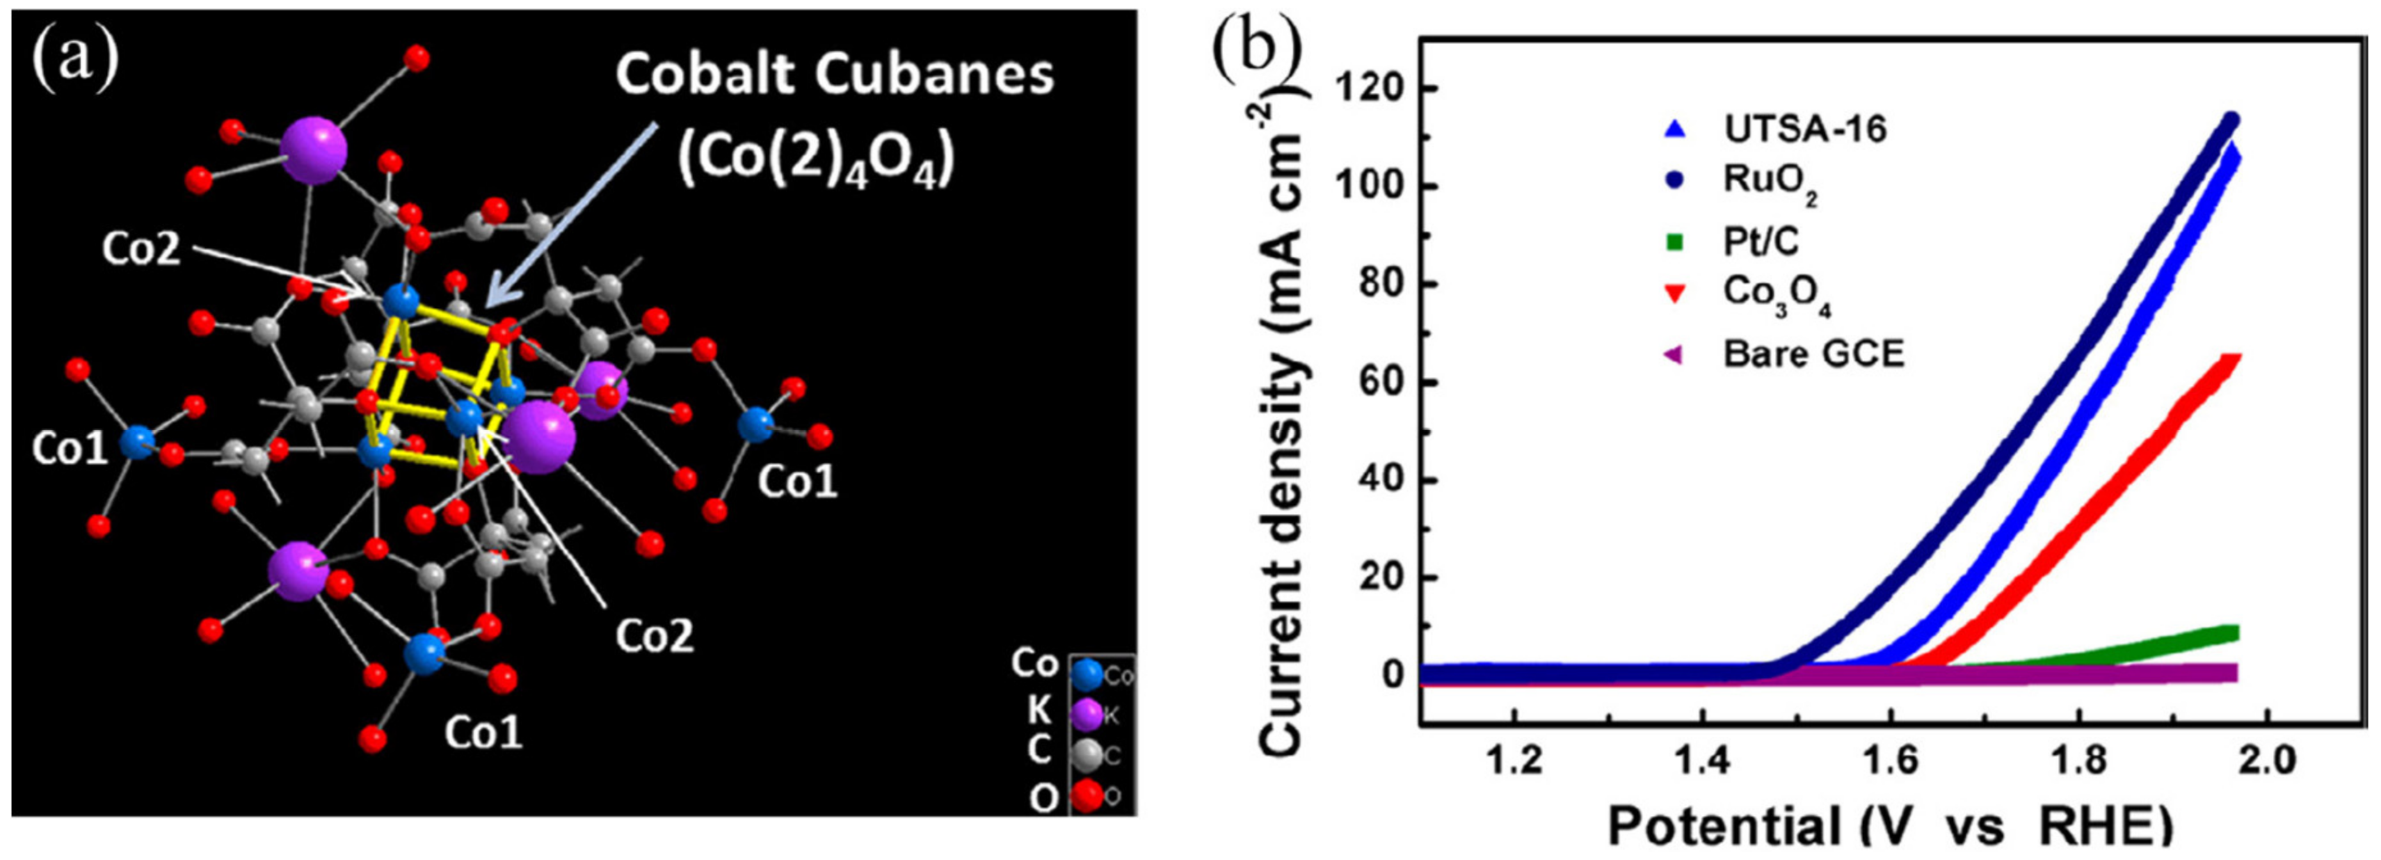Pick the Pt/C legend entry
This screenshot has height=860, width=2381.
pyautogui.click(x=1761, y=241)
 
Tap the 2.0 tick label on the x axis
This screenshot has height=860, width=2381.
pyautogui.click(x=2265, y=760)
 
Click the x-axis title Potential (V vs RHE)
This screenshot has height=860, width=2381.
pyautogui.click(x=1889, y=824)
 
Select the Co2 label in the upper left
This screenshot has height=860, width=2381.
pyautogui.click(x=141, y=250)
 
